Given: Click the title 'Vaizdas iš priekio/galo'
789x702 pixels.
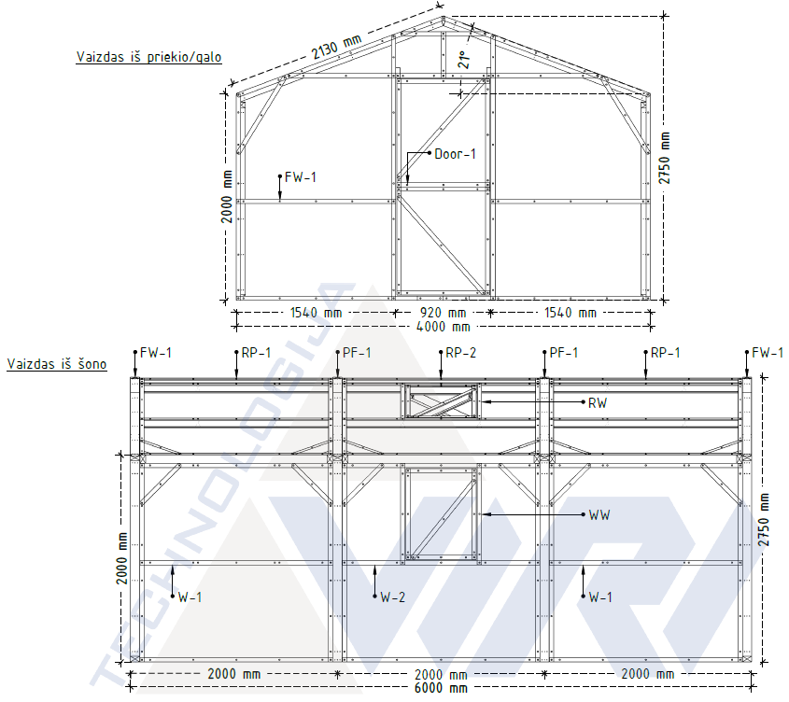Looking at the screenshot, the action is pyautogui.click(x=148, y=57).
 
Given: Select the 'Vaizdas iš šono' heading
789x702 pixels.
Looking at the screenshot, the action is pyautogui.click(x=57, y=364).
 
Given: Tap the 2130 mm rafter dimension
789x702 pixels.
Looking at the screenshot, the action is pyautogui.click(x=336, y=47).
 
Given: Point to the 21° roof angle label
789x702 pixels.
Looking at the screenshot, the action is pyautogui.click(x=464, y=60).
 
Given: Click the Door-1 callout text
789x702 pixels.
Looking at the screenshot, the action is pyautogui.click(x=455, y=153).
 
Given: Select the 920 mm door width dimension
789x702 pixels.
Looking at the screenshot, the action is pyautogui.click(x=443, y=313).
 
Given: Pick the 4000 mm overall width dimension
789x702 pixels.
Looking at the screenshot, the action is pyautogui.click(x=443, y=327).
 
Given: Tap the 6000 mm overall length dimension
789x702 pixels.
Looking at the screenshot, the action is pyautogui.click(x=441, y=688).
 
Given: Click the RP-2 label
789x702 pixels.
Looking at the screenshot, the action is pyautogui.click(x=460, y=353).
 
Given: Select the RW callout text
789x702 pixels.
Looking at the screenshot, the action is pyautogui.click(x=598, y=402).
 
